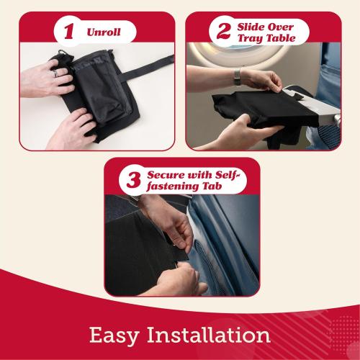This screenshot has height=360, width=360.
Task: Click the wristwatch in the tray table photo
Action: click(237, 75)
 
